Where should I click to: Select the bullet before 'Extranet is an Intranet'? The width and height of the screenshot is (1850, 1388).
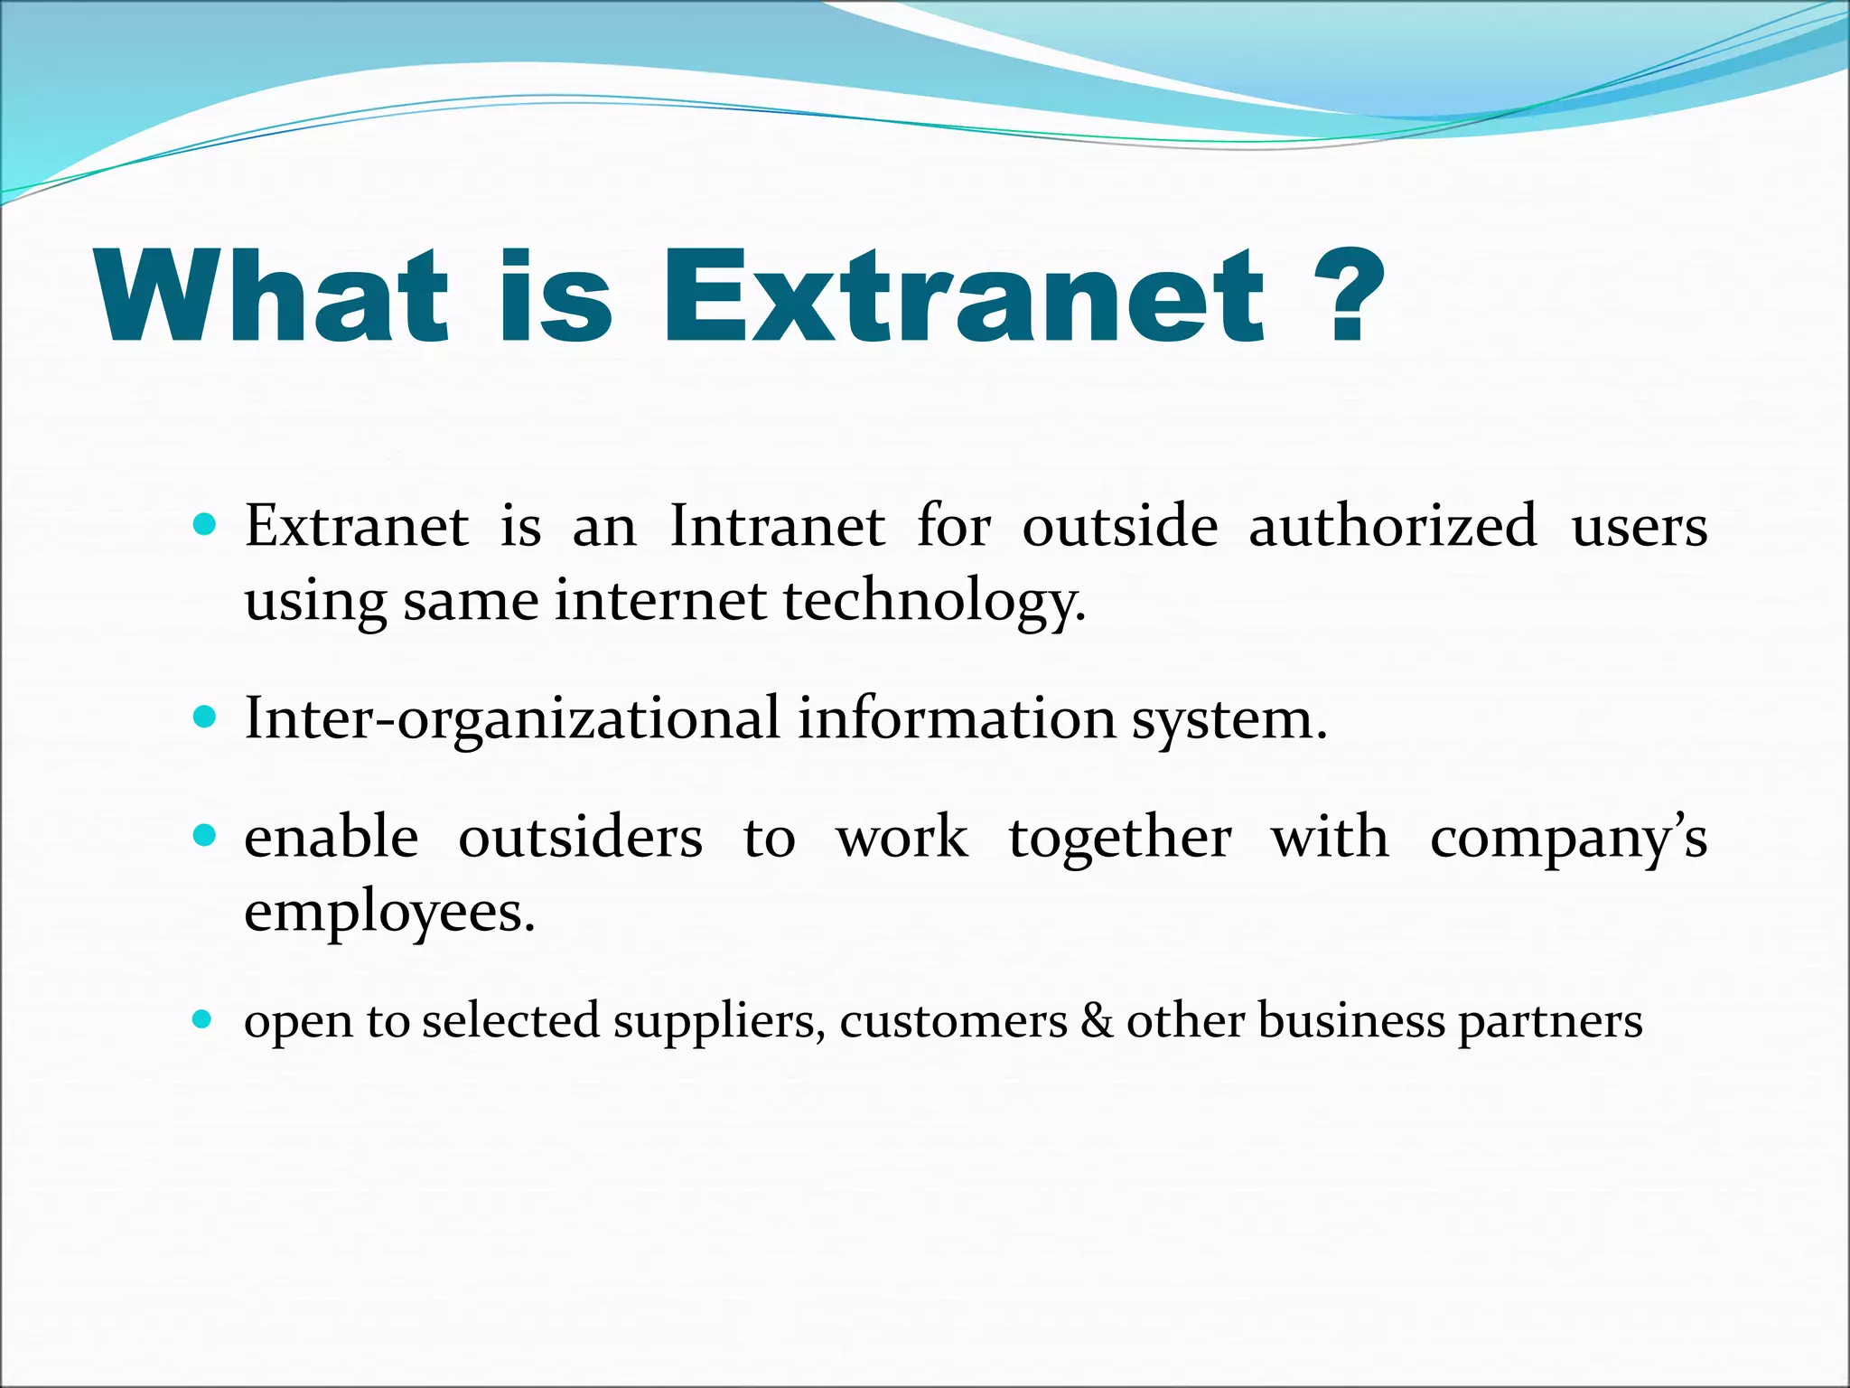[205, 525]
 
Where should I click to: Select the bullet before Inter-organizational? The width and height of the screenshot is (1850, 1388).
[205, 718]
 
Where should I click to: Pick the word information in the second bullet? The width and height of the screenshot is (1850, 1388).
[957, 720]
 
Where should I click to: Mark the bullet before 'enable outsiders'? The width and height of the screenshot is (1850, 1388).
[205, 836]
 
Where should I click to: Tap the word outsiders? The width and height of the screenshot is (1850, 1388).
[580, 838]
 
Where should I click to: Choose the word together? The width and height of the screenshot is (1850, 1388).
[1119, 838]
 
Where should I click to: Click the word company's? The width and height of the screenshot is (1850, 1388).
[1568, 839]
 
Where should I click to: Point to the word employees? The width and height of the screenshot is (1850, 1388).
[389, 913]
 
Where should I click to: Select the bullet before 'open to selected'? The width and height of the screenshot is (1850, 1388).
[203, 1021]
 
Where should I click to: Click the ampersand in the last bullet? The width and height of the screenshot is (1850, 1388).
[1097, 1021]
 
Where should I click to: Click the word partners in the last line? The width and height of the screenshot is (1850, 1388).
[1550, 1023]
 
